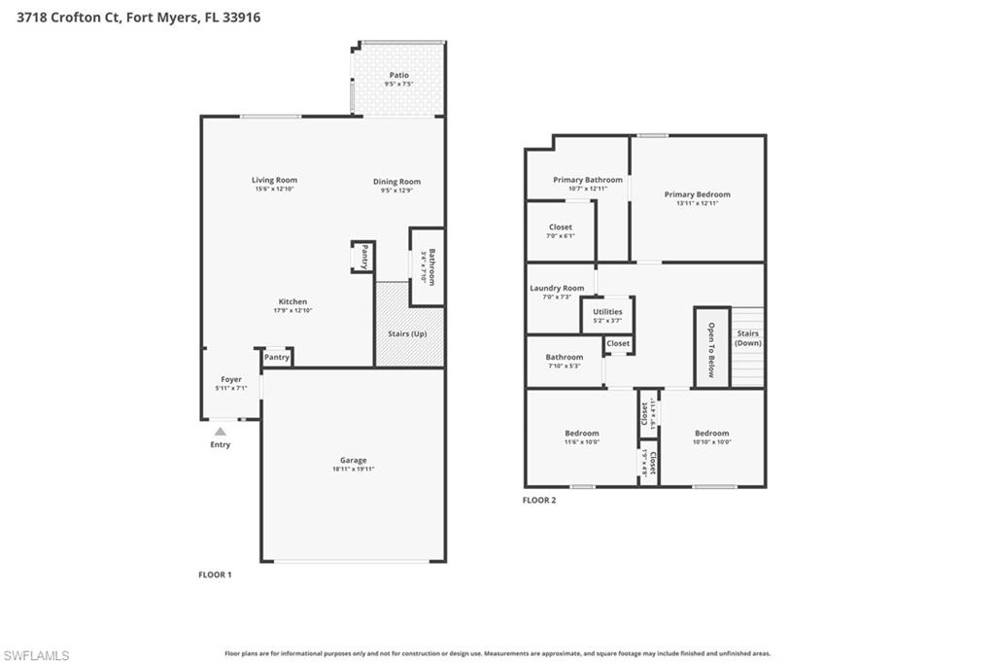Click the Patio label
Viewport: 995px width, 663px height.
[x=398, y=75]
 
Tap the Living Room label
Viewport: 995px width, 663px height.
[x=274, y=180]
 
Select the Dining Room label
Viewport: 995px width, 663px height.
[x=396, y=182]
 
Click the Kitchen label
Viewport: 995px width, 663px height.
[x=292, y=301]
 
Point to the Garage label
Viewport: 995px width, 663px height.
[x=353, y=461]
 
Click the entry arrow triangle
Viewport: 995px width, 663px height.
[x=221, y=431]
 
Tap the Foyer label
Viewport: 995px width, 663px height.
[x=230, y=379]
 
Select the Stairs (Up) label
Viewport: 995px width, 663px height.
[x=407, y=333]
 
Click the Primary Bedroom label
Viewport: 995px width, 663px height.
[x=697, y=194]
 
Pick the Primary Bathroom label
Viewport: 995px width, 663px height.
[x=588, y=180]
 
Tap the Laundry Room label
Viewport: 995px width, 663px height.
[x=557, y=288]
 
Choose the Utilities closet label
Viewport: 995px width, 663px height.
[x=607, y=312]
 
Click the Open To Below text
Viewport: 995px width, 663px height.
[x=711, y=349]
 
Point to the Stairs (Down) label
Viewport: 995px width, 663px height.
[x=747, y=338]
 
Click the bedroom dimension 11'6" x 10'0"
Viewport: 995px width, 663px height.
[x=582, y=442]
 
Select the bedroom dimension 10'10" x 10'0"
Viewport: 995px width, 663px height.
[x=711, y=442]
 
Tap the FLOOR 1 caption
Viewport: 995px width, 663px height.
[x=215, y=575]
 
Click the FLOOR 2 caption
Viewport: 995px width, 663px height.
[x=539, y=501]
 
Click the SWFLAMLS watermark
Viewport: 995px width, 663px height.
[x=36, y=655]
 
